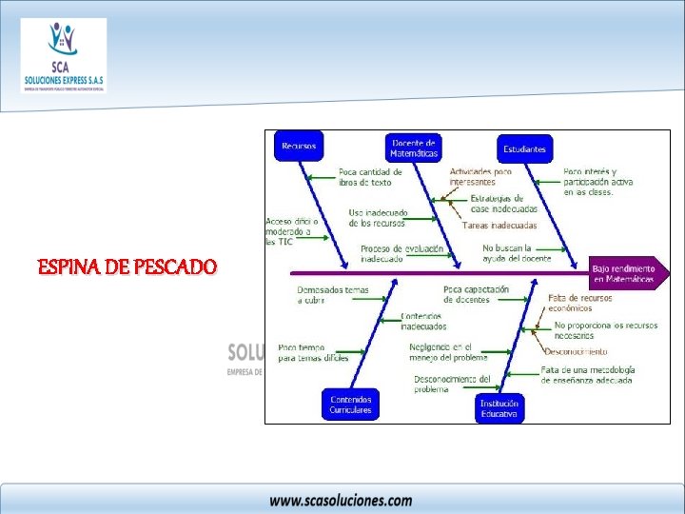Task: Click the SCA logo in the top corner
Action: point(64,55)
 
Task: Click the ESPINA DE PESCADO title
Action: point(127,267)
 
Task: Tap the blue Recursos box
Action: point(298,147)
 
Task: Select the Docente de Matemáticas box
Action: point(414,147)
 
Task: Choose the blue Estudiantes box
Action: point(524,148)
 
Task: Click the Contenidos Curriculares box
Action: point(350,404)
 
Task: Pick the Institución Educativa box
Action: point(499,408)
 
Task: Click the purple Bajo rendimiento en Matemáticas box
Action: point(624,274)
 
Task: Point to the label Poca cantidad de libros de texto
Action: point(370,177)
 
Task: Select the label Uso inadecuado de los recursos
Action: point(377,218)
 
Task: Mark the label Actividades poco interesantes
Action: point(480,176)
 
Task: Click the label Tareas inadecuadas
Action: point(499,226)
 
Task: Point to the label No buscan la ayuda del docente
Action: point(516,253)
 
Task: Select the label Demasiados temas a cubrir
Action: point(332,294)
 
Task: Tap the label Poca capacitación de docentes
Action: point(476,294)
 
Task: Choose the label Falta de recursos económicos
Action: point(579,303)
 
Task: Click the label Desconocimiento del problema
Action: point(452,384)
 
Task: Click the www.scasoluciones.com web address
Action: point(341,500)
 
